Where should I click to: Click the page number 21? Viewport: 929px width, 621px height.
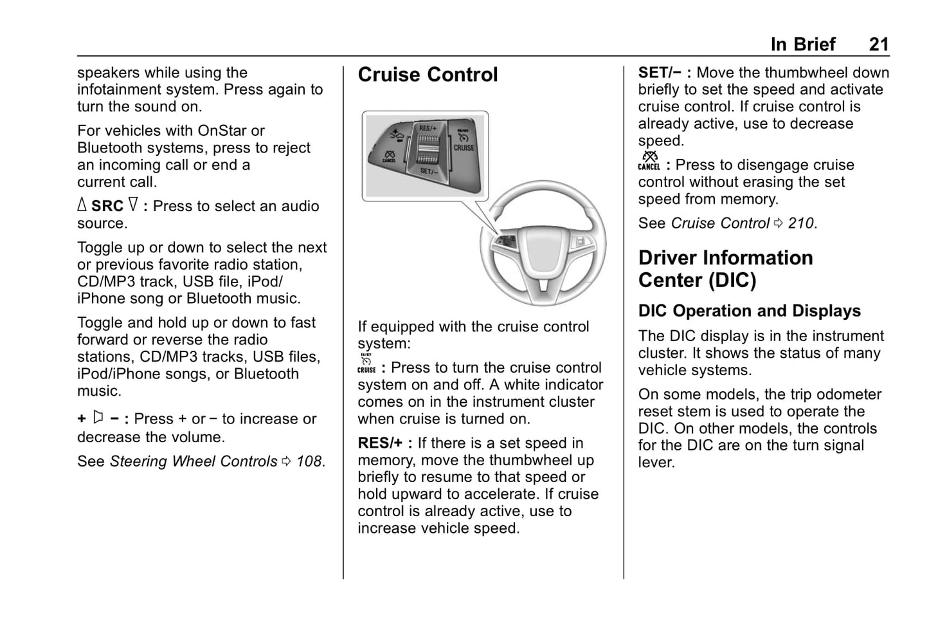878,44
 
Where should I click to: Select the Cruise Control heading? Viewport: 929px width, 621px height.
428,75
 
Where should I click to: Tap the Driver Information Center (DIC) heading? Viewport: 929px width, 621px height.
725,269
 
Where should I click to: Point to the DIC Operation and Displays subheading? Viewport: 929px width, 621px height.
749,311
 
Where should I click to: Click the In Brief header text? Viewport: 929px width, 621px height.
802,44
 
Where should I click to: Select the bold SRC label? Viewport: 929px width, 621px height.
107,207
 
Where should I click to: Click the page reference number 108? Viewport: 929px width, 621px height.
309,461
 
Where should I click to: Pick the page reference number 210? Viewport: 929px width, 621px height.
801,223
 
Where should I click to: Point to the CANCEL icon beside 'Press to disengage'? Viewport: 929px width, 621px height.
649,161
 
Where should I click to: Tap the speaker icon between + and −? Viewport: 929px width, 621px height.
98,418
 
